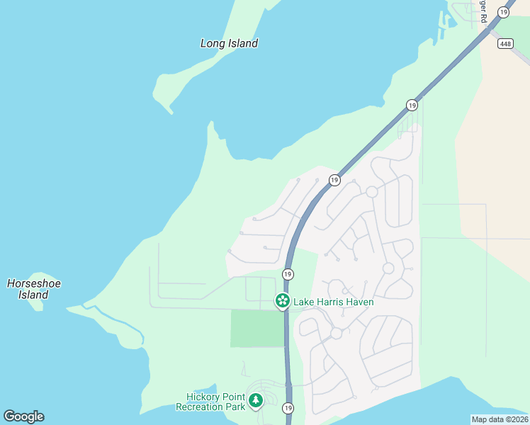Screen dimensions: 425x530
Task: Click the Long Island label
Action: click(x=229, y=43)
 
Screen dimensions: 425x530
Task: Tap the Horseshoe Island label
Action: click(x=33, y=289)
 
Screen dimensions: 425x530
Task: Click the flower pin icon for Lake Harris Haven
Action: click(x=282, y=301)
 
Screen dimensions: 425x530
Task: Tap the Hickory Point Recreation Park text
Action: click(x=210, y=402)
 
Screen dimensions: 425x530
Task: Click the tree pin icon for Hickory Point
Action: click(x=256, y=402)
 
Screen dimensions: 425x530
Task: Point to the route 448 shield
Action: click(x=504, y=44)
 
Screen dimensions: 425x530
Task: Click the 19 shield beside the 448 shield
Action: click(x=504, y=12)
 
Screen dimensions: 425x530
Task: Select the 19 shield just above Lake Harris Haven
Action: click(x=288, y=274)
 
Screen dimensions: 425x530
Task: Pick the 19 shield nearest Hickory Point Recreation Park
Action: click(x=288, y=408)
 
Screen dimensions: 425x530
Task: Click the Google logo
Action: click(x=23, y=416)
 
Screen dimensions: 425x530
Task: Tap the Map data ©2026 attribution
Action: click(x=500, y=419)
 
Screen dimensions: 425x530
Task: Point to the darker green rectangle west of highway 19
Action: click(x=256, y=329)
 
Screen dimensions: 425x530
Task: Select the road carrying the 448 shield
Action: click(x=514, y=53)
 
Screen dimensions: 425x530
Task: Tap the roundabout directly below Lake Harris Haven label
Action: click(x=336, y=333)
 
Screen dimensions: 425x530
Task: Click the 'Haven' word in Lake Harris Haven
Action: click(x=359, y=302)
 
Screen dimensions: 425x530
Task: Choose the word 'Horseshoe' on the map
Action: click(x=33, y=283)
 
